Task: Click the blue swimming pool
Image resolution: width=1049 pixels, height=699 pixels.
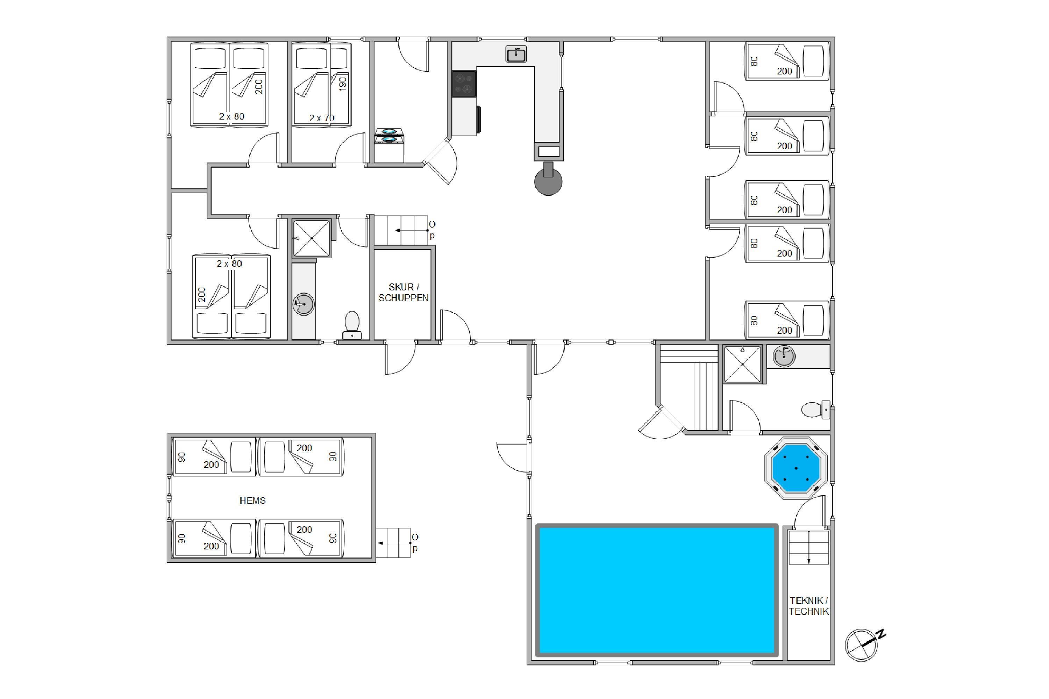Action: click(x=657, y=590)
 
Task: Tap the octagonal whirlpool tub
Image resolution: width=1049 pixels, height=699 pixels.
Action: click(x=796, y=468)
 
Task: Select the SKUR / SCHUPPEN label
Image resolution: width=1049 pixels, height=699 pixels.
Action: click(x=403, y=293)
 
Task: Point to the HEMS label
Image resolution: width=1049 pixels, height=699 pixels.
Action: click(x=252, y=500)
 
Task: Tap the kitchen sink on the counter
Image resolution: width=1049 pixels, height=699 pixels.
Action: click(x=516, y=54)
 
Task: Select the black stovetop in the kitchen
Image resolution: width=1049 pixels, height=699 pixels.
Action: click(x=464, y=84)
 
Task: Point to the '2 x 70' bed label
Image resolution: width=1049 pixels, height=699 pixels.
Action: click(x=322, y=118)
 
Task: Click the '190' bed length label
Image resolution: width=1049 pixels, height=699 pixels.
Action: click(x=343, y=84)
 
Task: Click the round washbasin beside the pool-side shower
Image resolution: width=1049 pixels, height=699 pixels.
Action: click(x=784, y=356)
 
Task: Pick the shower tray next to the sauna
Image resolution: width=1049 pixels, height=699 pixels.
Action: click(x=742, y=364)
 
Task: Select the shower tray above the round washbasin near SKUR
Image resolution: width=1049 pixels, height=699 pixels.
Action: click(x=312, y=238)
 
